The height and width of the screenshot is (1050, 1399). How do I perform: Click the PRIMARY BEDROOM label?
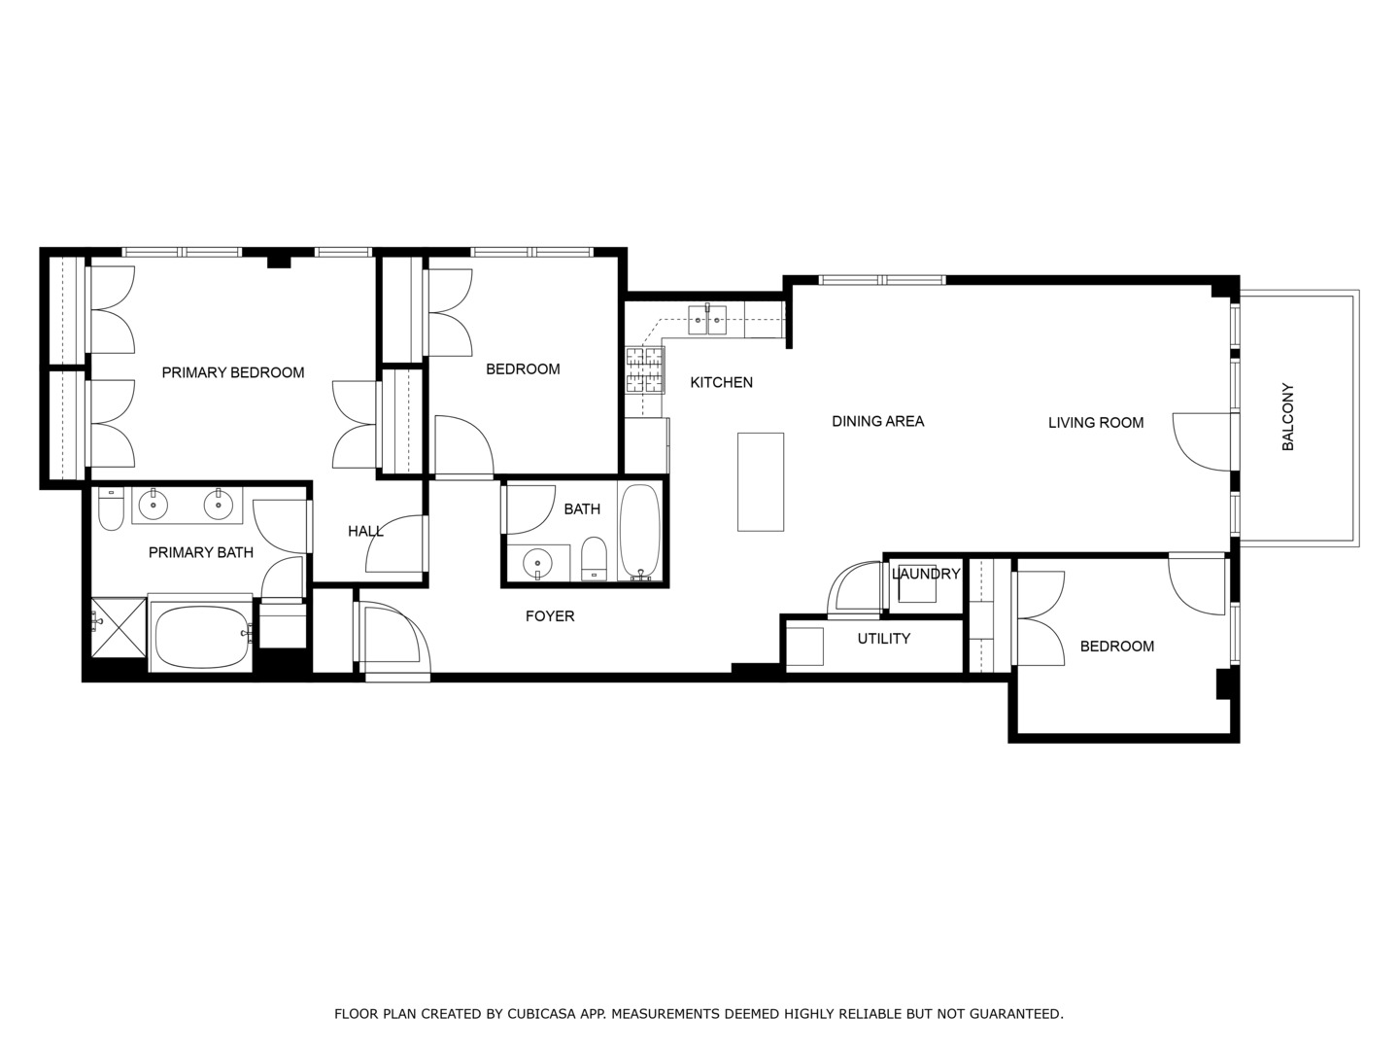coord(232,372)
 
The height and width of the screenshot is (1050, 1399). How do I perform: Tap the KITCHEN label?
coord(721,382)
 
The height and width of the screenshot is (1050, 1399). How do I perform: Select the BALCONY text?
coord(1288,417)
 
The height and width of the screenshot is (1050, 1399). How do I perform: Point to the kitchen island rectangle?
coord(760,481)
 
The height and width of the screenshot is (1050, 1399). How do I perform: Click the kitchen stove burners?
coord(645,370)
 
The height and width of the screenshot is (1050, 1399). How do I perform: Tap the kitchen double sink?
coord(707,319)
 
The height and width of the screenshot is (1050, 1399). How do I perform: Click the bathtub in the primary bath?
coord(200,637)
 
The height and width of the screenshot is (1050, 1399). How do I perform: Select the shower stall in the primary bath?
coord(118,628)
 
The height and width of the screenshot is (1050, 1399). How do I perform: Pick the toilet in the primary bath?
coord(111,509)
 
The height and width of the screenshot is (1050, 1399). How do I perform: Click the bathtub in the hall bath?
coord(640,532)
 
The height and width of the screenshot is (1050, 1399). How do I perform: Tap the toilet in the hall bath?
coord(594,560)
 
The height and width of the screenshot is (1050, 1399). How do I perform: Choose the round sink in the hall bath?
coord(536,562)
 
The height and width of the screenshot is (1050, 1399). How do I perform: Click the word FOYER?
coord(550,616)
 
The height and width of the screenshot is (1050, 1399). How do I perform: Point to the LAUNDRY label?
coord(925,574)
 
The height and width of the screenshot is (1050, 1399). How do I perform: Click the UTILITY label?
coord(883,639)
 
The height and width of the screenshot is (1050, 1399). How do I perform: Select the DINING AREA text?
coord(877,421)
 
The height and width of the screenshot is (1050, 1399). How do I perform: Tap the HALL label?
coord(365,531)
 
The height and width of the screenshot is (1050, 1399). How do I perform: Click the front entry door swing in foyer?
coord(393,637)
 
